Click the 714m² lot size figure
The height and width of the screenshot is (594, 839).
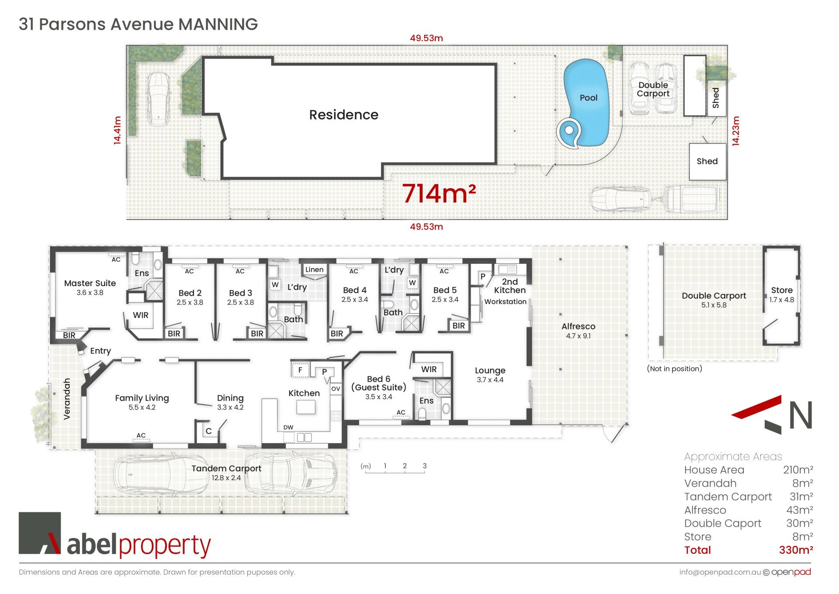coord(439,193)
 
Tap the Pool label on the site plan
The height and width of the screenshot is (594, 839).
coord(588,98)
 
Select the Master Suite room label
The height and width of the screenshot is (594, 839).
coord(90,283)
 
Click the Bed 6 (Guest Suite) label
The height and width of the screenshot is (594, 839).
coord(378,383)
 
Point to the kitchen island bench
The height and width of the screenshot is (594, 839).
coord(306,407)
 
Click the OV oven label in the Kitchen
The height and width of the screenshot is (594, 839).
coord(336,388)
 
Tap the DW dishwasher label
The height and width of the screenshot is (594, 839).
coord(288,427)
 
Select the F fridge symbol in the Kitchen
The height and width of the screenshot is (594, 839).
coord(300,370)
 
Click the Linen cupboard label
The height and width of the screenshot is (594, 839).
coord(315,269)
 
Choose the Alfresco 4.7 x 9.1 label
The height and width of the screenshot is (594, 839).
coord(578,331)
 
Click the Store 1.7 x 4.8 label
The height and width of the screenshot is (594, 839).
coord(782,294)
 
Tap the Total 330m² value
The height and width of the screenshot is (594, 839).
coord(796,550)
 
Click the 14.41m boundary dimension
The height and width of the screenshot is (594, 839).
coord(117,130)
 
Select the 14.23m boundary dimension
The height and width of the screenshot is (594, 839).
coord(736,131)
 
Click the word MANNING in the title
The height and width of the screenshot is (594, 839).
coord(218,24)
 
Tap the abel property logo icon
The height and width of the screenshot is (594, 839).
coord(40,533)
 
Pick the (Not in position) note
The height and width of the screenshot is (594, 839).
coord(674,369)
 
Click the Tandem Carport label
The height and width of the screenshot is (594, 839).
coord(226,468)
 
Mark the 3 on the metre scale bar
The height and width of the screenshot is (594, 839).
coord(424,466)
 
